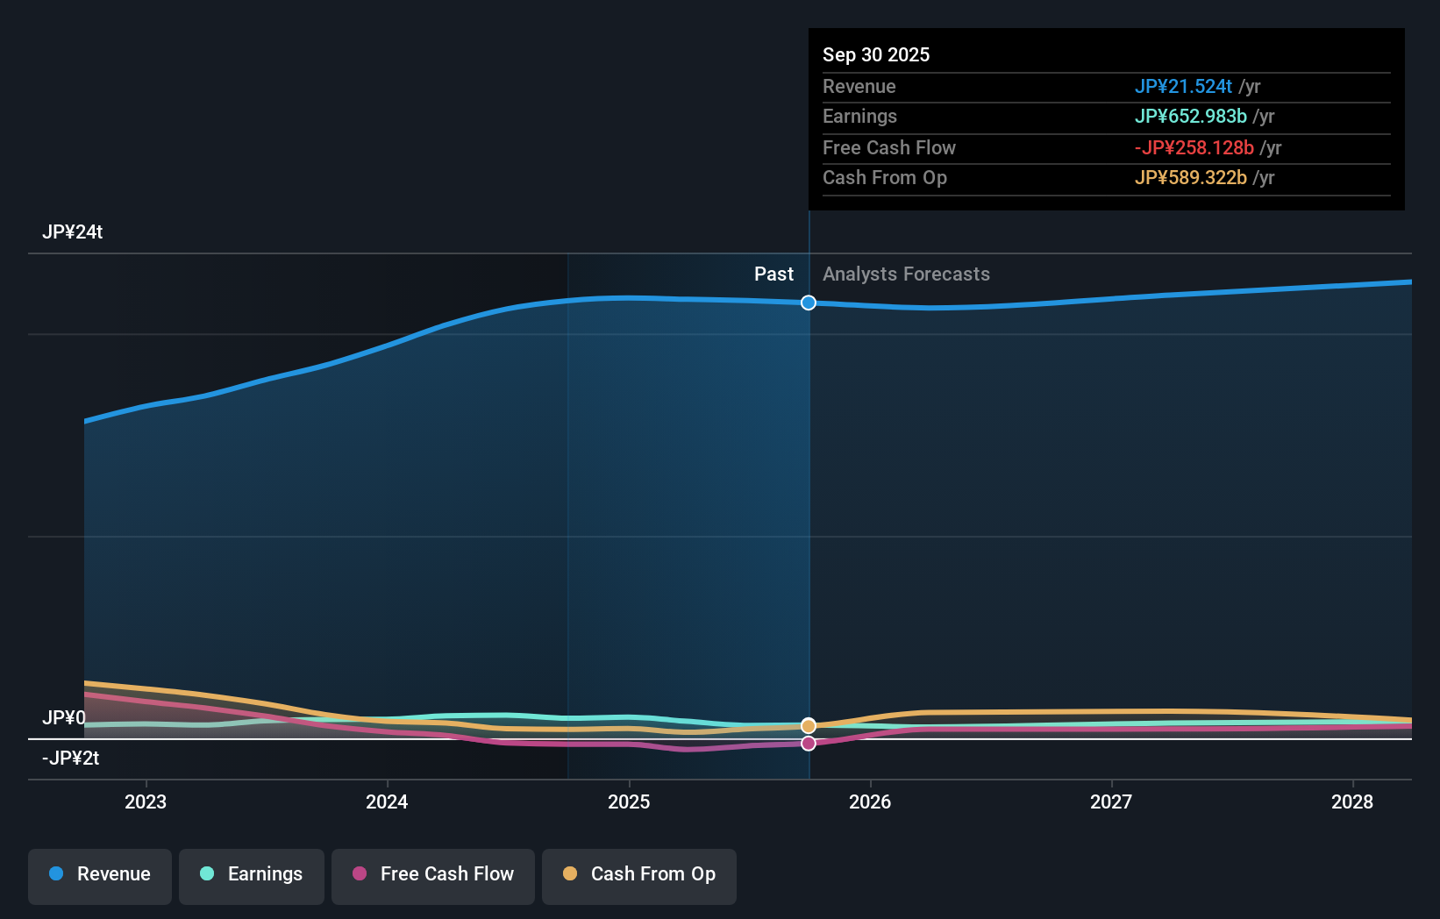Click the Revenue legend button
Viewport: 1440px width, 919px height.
tap(100, 874)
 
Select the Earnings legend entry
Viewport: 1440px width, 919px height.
tap(252, 874)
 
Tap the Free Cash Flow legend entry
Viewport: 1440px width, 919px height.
tap(433, 874)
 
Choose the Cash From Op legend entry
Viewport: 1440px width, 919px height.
tap(639, 874)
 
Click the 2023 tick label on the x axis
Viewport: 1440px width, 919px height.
tap(146, 801)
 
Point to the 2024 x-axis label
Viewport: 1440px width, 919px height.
tap(387, 801)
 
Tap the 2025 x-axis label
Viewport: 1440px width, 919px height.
tap(629, 801)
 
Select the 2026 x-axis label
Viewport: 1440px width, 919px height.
tap(870, 801)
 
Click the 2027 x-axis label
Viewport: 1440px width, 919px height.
tap(1111, 801)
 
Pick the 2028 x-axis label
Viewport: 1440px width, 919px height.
tap(1352, 801)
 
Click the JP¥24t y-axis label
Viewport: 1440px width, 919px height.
tap(73, 232)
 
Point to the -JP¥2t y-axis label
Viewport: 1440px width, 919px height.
tap(70, 759)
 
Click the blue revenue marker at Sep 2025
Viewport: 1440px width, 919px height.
tap(809, 303)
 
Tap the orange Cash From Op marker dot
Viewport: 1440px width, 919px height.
tap(809, 725)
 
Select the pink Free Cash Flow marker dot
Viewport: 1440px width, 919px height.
tap(809, 744)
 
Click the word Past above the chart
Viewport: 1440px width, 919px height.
tap(773, 274)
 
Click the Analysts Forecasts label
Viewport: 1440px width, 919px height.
tap(906, 274)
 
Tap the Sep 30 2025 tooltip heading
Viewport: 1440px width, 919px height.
tap(876, 55)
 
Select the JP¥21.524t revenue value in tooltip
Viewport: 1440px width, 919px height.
tap(1183, 87)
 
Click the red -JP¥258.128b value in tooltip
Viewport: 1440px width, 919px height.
tap(1194, 148)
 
